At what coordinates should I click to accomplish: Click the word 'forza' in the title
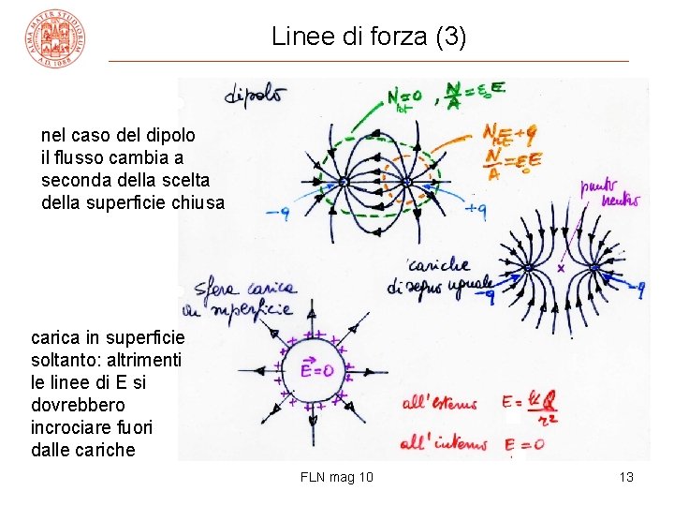(x=384, y=37)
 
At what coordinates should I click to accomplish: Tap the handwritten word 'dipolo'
(x=256, y=96)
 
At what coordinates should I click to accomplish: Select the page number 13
(x=626, y=477)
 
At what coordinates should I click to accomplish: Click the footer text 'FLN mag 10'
(x=337, y=477)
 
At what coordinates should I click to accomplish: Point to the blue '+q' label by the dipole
(x=476, y=210)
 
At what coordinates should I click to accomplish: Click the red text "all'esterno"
(x=439, y=405)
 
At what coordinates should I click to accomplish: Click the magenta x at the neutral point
(x=562, y=269)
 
